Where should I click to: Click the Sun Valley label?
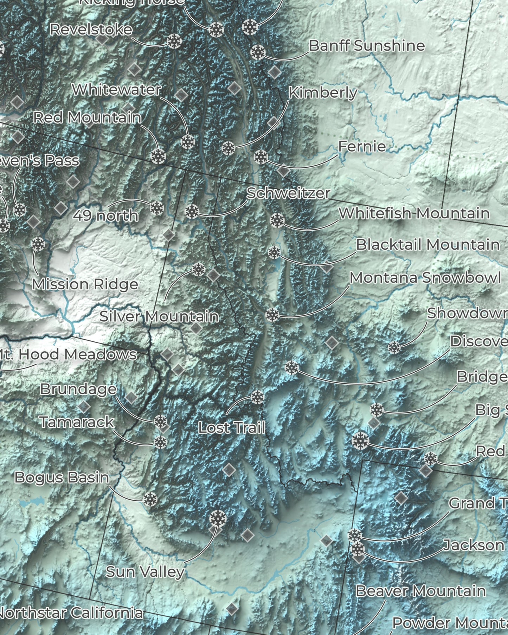pos(145,571)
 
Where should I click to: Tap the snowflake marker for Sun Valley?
pos(218,519)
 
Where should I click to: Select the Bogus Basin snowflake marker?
pos(150,499)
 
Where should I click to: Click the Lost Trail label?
pos(231,428)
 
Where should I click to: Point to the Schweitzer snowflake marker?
pos(192,211)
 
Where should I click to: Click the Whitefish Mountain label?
pos(414,213)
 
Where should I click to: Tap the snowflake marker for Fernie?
pos(261,157)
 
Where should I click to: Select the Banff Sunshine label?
pos(367,46)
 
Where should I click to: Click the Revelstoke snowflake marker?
pos(174,41)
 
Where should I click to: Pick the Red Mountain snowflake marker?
pos(158,156)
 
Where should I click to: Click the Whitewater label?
pos(116,90)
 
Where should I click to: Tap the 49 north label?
pos(105,215)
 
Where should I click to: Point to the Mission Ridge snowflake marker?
pos(38,244)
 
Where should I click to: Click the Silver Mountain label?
pos(159,316)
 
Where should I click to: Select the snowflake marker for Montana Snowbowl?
pos(272,315)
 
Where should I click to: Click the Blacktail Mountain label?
pos(427,245)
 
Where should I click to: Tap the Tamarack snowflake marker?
pos(160,442)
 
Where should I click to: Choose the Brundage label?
pos(78,389)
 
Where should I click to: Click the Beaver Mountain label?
pos(420,591)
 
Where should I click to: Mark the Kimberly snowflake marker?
pos(228,148)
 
